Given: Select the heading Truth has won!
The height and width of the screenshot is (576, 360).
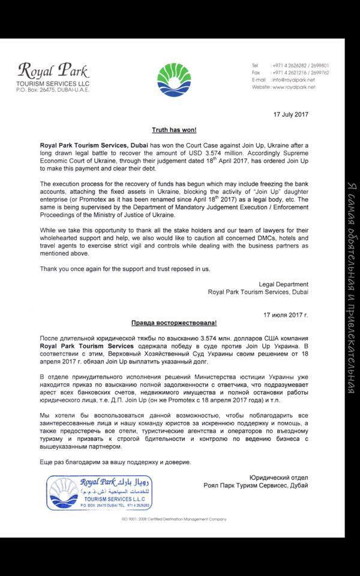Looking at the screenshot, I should coord(174,130).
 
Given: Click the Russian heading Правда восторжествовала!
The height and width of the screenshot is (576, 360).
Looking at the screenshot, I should coord(174,322).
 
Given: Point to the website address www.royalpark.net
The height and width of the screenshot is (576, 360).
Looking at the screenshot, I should coord(293,87).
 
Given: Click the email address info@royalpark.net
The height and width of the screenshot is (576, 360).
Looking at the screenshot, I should coord(293,79).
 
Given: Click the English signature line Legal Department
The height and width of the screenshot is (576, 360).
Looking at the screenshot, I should coord(283,284).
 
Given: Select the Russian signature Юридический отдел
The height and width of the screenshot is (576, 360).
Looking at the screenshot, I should coord(276,478).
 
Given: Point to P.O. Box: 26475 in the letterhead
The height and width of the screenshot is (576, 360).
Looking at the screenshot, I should coord(36,89).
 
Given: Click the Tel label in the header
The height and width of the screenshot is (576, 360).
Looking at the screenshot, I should coord(255,65).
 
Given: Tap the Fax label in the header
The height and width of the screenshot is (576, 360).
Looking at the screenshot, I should coord(256,72).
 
